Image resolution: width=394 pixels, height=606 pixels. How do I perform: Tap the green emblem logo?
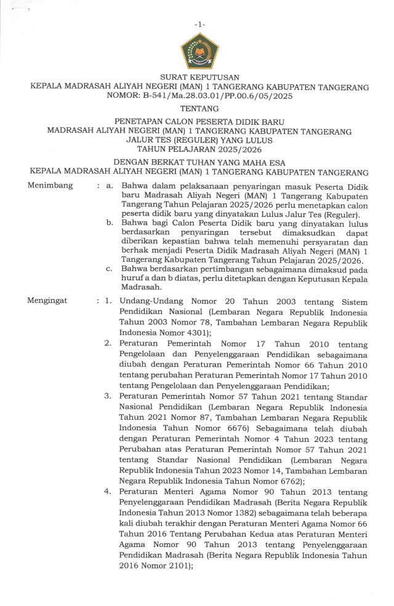(199, 52)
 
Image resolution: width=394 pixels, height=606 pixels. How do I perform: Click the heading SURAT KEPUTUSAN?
(199, 77)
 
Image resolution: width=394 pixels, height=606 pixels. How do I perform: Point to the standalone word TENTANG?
(199, 109)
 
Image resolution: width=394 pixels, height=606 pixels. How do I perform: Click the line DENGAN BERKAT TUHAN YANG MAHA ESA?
(199, 162)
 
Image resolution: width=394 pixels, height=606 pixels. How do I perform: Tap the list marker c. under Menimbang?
(109, 269)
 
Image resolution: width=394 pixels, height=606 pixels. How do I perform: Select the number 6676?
(231, 425)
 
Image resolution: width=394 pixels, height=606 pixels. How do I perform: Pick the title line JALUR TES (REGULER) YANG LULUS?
(199, 140)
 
